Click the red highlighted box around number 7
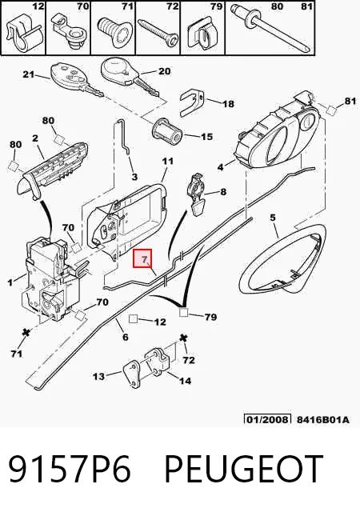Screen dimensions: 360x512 142,258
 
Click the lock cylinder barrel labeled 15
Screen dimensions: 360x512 167,131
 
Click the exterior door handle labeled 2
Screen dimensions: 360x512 52,170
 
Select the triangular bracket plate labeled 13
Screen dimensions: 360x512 132,374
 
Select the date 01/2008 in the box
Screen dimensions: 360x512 267,419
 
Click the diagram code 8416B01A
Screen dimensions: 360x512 322,419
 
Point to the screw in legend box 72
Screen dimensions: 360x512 158,33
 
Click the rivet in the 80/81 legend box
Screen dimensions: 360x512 270,27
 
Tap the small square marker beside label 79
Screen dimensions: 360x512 183,313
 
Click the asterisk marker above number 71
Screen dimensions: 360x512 25,333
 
